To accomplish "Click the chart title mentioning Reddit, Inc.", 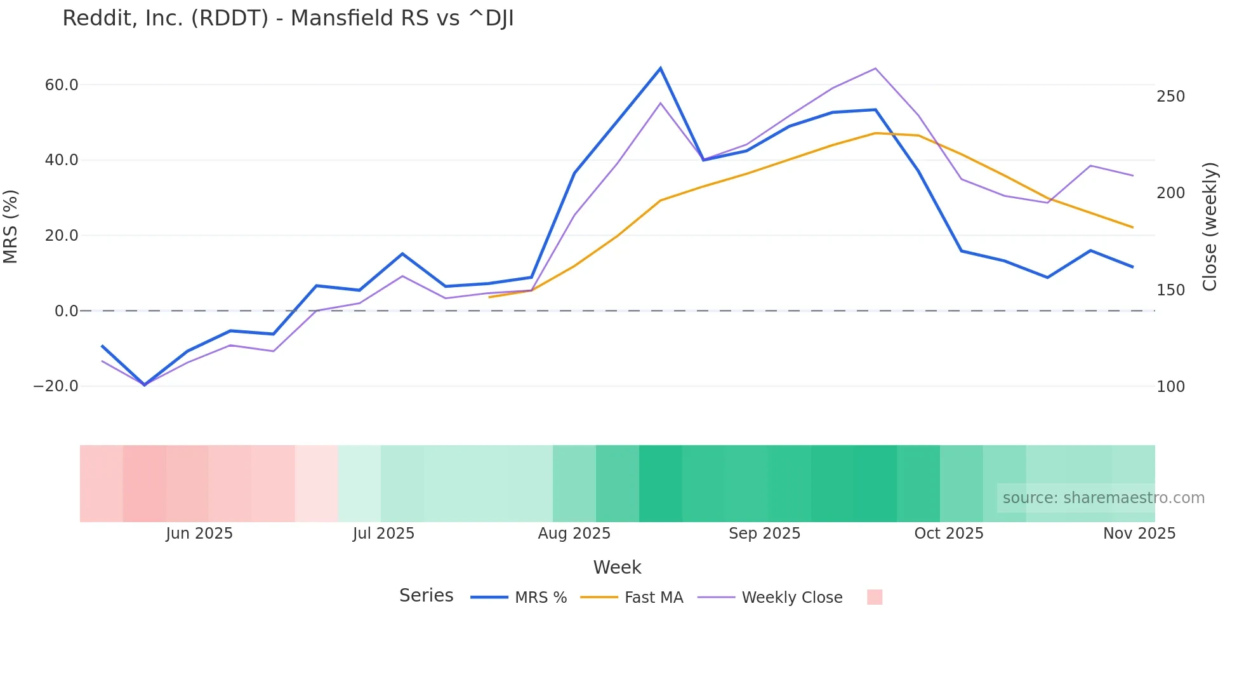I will [288, 18].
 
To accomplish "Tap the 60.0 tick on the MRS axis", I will [62, 85].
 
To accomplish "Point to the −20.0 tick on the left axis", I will [56, 386].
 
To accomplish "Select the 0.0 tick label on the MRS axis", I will [66, 311].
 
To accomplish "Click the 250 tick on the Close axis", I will [1170, 97].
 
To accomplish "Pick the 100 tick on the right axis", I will [1170, 387].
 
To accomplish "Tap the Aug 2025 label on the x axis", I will [574, 534].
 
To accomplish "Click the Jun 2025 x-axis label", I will [199, 534].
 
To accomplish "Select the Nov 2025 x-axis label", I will [1139, 534].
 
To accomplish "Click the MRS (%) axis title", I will [11, 226].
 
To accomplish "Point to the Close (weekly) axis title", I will [1210, 226].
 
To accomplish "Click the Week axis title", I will [617, 567].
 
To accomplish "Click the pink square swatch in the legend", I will [875, 597].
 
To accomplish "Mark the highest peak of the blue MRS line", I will [660, 68].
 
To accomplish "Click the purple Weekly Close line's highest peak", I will [875, 69].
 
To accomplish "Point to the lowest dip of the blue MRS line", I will [145, 385].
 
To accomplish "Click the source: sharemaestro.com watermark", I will [1103, 498].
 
